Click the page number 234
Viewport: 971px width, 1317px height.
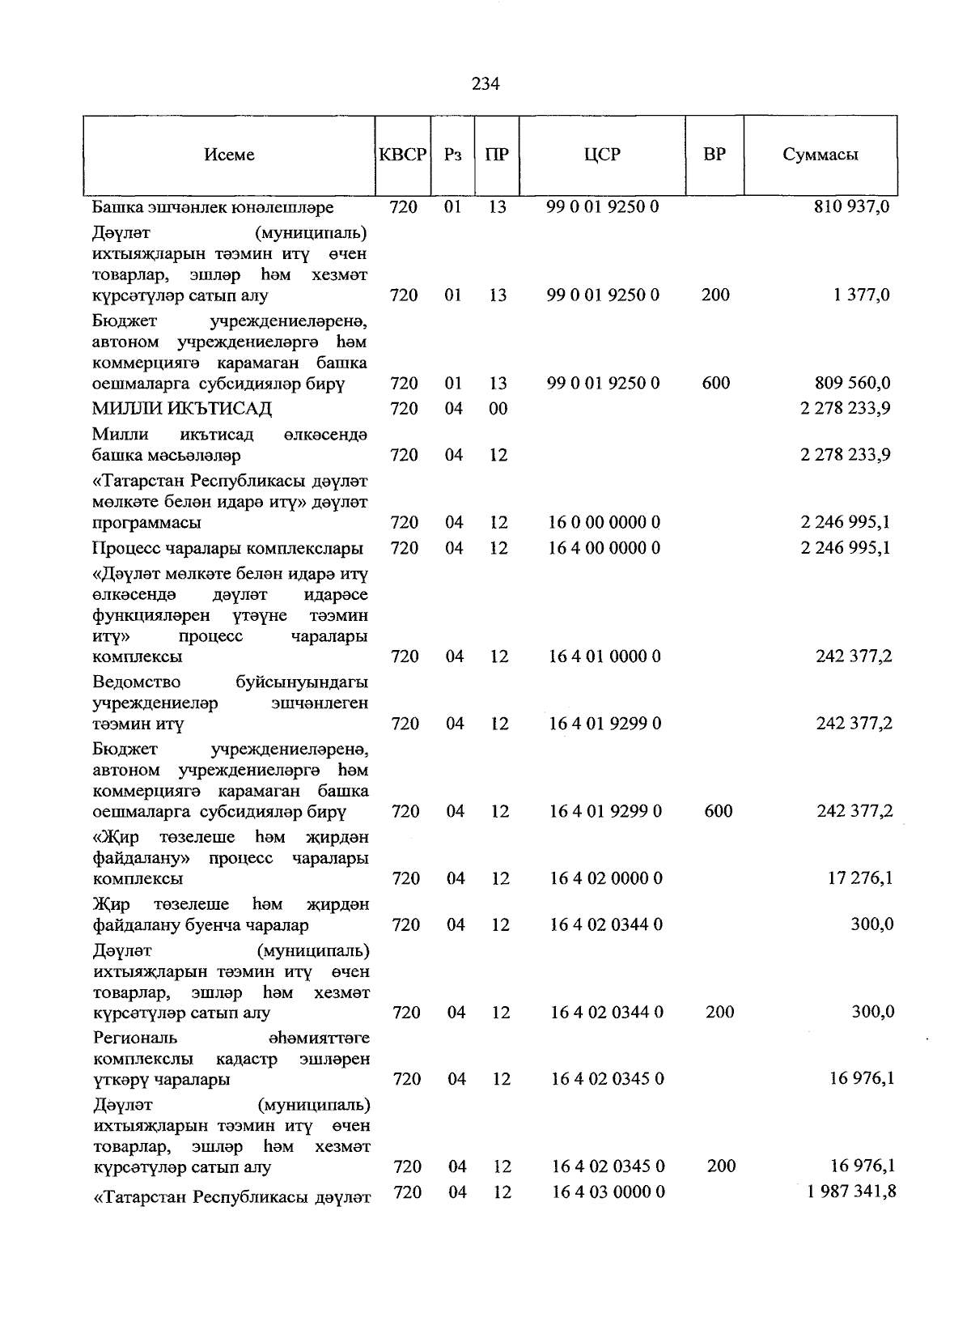[x=485, y=84]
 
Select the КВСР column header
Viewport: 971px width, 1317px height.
[x=403, y=155]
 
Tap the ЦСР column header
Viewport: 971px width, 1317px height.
[x=602, y=155]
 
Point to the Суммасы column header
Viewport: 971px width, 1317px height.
[x=820, y=155]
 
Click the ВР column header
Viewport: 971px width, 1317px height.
[x=714, y=155]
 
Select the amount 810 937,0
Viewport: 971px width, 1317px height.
[x=851, y=206]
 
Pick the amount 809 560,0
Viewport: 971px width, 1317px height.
[x=852, y=383]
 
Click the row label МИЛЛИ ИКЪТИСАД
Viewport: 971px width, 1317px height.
[x=182, y=408]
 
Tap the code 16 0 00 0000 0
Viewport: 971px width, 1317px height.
[x=604, y=522]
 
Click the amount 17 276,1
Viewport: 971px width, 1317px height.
[x=860, y=877]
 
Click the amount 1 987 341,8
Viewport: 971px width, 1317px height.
[x=851, y=1192]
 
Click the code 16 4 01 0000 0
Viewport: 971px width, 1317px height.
[x=605, y=656]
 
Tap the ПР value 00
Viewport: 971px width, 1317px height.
[x=498, y=408]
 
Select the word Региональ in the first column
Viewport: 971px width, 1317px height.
[x=135, y=1038]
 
